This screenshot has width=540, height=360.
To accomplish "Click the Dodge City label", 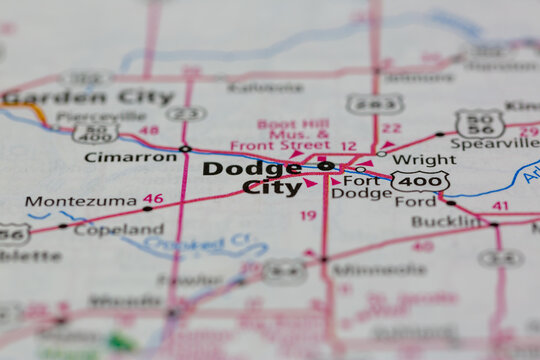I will point(253,177).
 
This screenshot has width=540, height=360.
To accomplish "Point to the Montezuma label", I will point(80,201).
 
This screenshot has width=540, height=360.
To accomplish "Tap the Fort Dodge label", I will point(367,187).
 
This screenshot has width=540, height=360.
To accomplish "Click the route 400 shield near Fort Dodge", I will point(419,182).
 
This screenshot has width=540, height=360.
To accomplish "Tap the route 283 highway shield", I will point(375,103).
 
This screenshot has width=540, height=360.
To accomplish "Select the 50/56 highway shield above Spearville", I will point(480,122).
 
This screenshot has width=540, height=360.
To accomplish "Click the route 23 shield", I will point(186,113).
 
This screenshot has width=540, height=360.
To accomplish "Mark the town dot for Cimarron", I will point(185,149).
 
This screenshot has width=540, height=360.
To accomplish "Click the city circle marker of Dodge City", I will point(326,166).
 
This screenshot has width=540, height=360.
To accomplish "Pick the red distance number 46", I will point(153,199).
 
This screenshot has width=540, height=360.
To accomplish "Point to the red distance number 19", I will point(308,215).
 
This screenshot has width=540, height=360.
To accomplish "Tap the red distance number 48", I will point(149,130).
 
